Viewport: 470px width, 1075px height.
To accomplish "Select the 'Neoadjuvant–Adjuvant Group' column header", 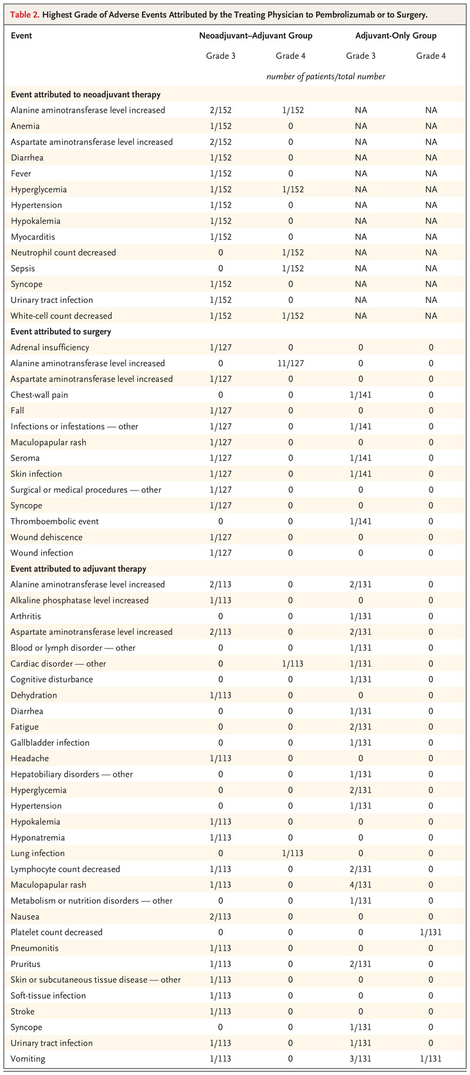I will point(256,36).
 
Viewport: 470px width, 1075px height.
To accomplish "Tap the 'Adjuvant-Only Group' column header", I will point(396,36).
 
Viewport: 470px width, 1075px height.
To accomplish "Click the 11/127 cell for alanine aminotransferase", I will point(290,363).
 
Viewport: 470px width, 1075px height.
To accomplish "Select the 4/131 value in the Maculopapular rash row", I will point(361,885).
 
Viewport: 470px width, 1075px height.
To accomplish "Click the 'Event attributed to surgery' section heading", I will point(61,332).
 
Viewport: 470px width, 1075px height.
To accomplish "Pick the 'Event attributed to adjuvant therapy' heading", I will point(78,569).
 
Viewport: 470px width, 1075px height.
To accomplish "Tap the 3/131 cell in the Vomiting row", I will point(361,1059).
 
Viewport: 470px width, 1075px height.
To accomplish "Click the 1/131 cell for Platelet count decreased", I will point(431,932).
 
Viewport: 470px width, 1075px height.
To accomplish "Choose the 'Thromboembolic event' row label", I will point(55,521).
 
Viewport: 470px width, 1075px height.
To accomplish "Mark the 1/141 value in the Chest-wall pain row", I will point(361,395).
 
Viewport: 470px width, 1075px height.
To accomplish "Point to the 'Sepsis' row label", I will point(23,268).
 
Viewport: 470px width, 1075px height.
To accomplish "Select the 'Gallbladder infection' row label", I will point(50,742).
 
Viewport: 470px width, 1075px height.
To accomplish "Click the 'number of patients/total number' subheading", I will point(325,76).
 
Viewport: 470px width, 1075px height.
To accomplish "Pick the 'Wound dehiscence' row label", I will point(46,537).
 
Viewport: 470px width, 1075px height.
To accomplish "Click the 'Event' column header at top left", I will point(21,36).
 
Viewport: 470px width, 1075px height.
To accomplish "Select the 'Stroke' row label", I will point(22,1011).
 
